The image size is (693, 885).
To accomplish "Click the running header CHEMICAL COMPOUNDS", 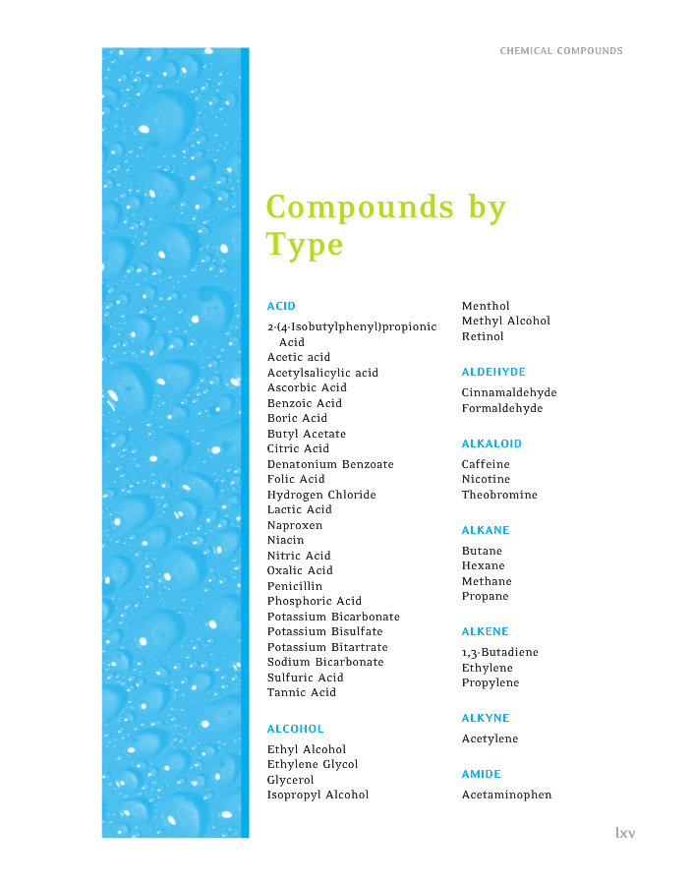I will coord(561,51).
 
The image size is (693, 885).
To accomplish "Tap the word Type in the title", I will coord(305,244).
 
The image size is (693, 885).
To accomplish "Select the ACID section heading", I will coord(281,306).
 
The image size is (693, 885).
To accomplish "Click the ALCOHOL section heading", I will coord(295,729).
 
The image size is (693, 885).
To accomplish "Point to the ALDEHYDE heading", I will coord(493,372).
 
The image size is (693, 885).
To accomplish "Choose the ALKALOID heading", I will coord(491,443).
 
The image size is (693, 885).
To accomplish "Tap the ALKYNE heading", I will coord(486,718).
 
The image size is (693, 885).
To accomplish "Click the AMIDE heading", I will coord(482,774).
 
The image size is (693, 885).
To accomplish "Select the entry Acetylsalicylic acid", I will coord(322,373).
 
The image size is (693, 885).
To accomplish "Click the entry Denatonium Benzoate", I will coord(330,464).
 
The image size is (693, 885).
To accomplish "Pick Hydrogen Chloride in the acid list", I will coord(321,495).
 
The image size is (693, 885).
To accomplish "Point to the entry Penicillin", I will coord(295,586).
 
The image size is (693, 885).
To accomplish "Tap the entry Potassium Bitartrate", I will coord(327,647).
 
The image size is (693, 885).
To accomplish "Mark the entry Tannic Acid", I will coord(302,692).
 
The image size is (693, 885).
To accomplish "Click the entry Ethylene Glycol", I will coord(313,764).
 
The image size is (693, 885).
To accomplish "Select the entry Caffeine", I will coord(486,464).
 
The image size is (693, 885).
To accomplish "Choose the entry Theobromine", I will coord(499,495).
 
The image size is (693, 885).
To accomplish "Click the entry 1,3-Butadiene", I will coord(500,652).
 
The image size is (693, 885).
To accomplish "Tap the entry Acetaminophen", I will coord(506,795).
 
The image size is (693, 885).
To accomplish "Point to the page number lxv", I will coord(625,833).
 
